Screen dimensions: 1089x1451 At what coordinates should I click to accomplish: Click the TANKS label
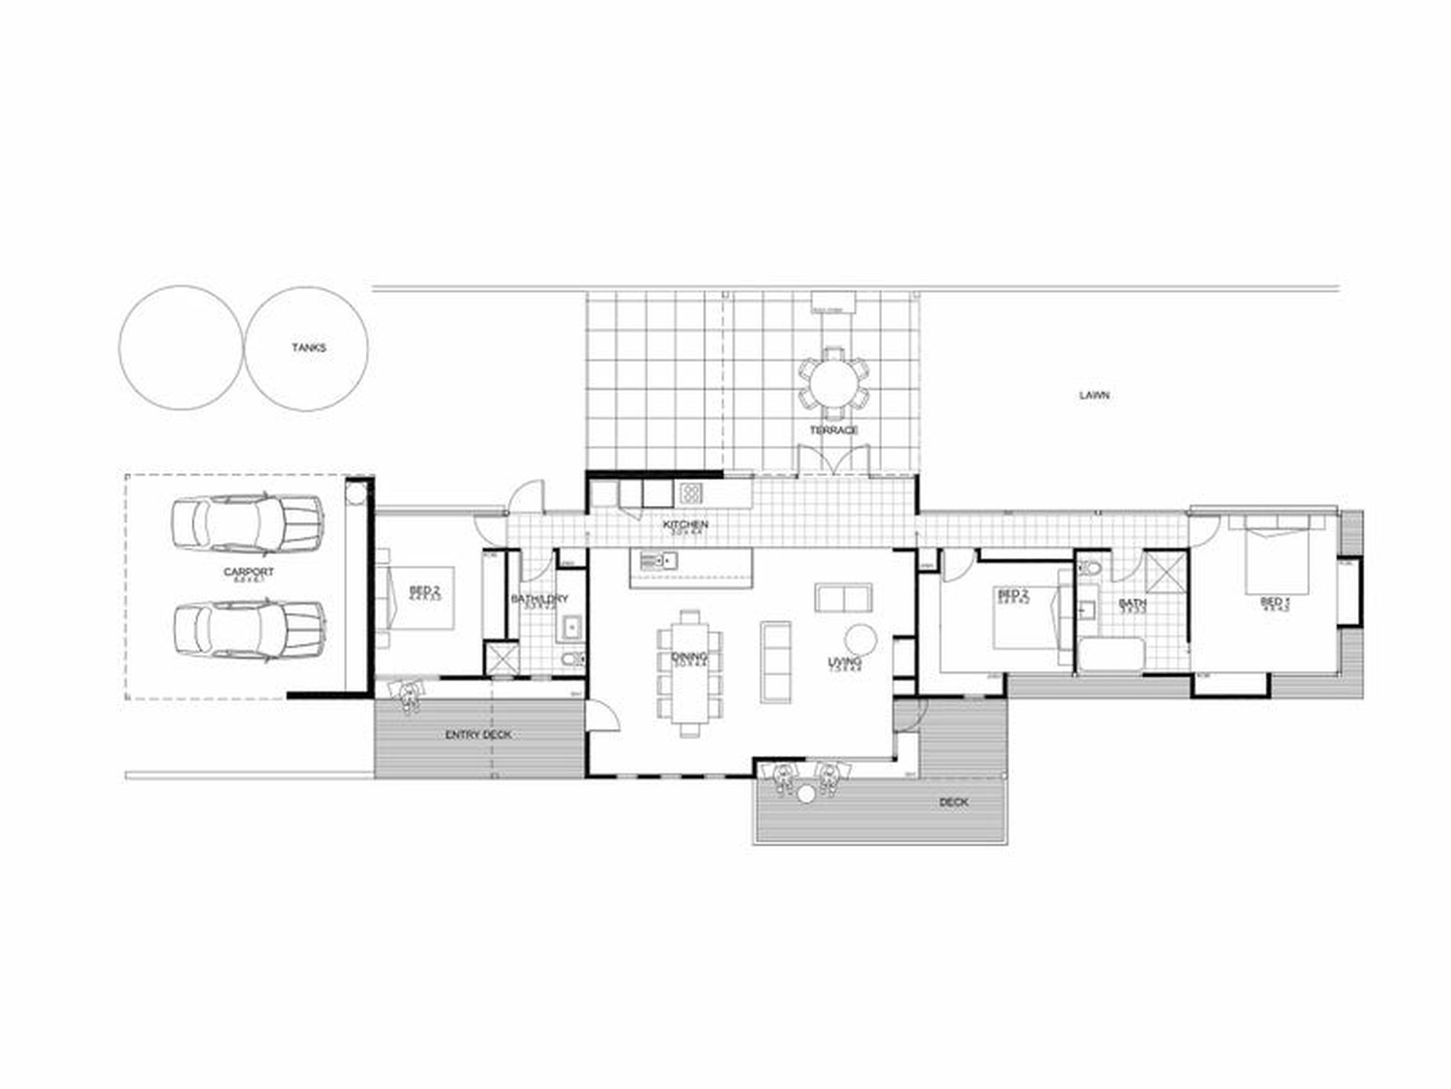309,348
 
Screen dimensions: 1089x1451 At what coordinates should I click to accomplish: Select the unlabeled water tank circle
181,348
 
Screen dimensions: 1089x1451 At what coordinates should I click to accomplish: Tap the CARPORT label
248,572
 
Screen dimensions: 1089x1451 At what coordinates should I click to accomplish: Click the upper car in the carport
247,524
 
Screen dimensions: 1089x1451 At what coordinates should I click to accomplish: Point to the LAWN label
1094,395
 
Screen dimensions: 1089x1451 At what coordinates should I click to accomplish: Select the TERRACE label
833,430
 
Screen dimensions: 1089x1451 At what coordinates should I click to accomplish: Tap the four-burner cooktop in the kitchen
690,492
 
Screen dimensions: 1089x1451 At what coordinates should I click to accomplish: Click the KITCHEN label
685,525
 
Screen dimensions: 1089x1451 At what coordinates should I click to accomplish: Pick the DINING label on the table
689,657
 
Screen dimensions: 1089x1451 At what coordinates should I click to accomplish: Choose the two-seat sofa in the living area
843,597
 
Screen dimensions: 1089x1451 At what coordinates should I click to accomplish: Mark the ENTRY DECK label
478,735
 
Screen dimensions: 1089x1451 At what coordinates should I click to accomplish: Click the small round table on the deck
806,795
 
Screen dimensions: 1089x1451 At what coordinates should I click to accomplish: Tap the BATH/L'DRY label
539,600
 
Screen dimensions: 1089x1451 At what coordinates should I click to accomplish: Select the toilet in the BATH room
1091,569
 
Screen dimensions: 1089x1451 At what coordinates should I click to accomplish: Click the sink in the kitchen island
655,562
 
